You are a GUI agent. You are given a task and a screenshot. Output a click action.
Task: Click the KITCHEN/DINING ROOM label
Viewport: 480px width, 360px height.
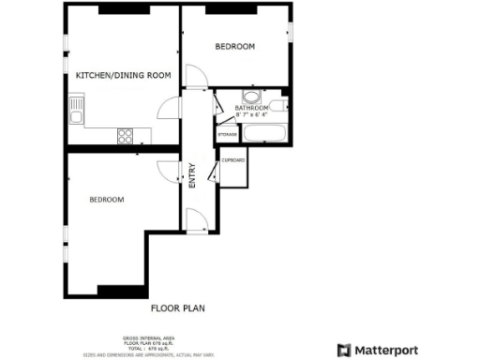point(123,76)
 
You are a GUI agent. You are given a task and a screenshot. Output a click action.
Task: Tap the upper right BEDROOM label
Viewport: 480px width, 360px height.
point(234,46)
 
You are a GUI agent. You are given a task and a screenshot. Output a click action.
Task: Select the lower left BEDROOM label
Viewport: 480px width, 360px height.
point(107,199)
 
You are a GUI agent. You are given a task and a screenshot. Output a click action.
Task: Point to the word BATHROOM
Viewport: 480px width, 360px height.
point(252,108)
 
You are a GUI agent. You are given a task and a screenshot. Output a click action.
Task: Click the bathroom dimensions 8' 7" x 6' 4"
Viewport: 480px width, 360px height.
point(252,115)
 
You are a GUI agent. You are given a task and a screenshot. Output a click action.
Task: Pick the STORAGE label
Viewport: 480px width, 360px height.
point(227,135)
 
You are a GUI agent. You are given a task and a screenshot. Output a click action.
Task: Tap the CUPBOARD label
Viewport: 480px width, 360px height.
point(232,160)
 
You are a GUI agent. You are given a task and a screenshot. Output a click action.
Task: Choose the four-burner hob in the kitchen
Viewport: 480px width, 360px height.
point(125,135)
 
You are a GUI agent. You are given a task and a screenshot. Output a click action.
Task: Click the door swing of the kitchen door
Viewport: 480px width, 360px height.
point(166,110)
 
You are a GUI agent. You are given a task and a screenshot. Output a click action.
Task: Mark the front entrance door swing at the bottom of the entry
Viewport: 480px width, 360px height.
point(197,221)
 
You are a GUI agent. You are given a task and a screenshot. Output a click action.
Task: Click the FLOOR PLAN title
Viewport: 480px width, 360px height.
point(178,307)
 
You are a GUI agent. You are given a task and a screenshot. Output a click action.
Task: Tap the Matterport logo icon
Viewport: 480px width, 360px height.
point(344,350)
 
